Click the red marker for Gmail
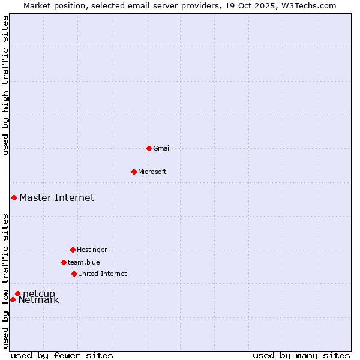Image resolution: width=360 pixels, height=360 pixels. (x=149, y=148)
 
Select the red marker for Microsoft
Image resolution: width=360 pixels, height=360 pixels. (x=134, y=172)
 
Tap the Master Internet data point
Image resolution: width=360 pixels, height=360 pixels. (x=14, y=197)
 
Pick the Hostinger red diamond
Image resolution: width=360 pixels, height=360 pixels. (x=73, y=250)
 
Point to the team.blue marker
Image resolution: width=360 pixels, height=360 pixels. (x=64, y=262)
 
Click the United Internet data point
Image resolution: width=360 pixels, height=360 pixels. (x=74, y=274)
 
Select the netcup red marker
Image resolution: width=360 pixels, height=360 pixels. (x=17, y=293)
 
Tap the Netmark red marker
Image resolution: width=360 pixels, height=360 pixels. (x=13, y=299)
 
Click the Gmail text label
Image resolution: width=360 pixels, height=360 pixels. (x=162, y=148)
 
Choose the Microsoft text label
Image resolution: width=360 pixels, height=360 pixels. (x=152, y=172)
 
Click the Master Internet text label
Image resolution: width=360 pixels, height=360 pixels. (x=56, y=197)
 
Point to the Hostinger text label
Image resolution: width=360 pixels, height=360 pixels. (x=92, y=250)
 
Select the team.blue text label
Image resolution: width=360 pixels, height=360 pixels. (x=84, y=262)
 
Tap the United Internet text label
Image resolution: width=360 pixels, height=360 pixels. (x=103, y=274)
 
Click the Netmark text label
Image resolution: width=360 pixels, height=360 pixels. (x=38, y=300)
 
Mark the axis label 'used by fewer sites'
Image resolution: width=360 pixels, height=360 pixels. (x=62, y=355)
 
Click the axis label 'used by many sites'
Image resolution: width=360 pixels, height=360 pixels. (x=301, y=355)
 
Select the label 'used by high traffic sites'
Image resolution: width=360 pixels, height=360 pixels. (x=5, y=85)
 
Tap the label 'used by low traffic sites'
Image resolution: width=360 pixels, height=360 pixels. (x=5, y=280)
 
